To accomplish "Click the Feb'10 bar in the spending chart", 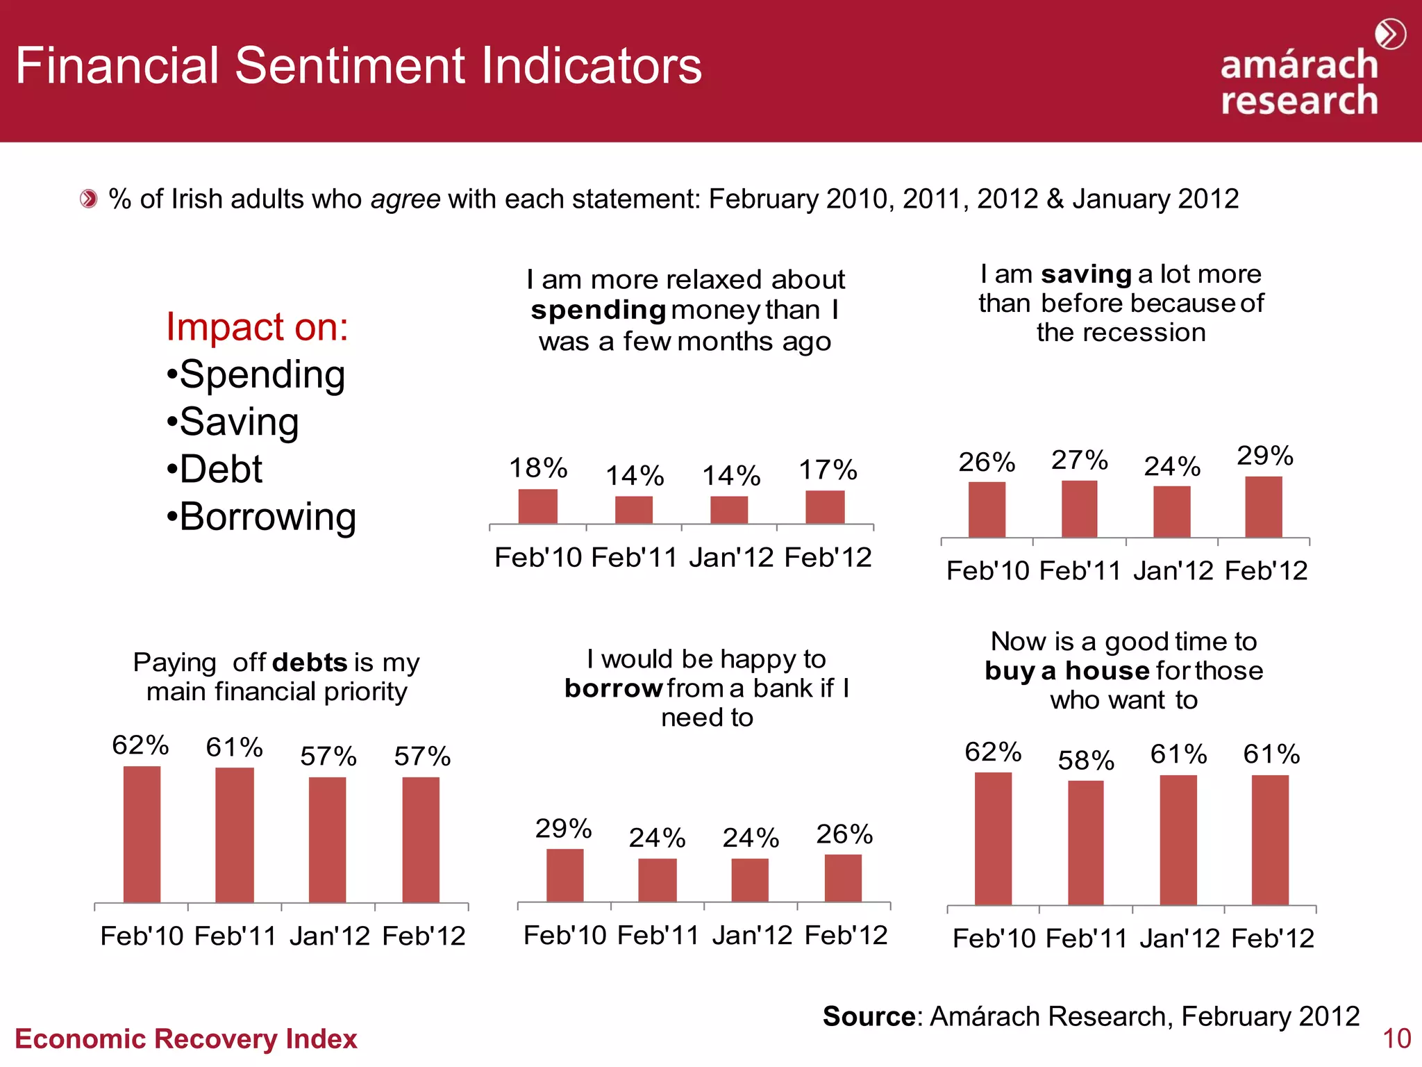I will (537, 506).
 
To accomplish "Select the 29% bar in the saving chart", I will (1263, 507).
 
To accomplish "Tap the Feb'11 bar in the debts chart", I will (235, 835).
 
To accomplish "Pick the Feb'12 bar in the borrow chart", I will (843, 878).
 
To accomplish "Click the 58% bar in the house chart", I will (1085, 843).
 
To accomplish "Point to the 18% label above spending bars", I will (538, 468).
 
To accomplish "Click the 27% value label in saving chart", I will (1079, 461).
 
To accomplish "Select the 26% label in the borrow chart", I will (844, 834).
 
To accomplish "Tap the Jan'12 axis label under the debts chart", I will (330, 936).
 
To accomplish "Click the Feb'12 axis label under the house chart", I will (1273, 939).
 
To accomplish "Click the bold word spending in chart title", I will (599, 310).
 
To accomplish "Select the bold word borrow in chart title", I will (613, 688).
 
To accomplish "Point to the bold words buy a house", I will (1067, 671).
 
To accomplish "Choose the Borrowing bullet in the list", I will (262, 517).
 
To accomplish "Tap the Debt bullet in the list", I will (215, 470).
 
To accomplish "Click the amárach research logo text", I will (1299, 83).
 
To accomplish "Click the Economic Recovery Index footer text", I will (185, 1039).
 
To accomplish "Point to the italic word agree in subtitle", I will (405, 199).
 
